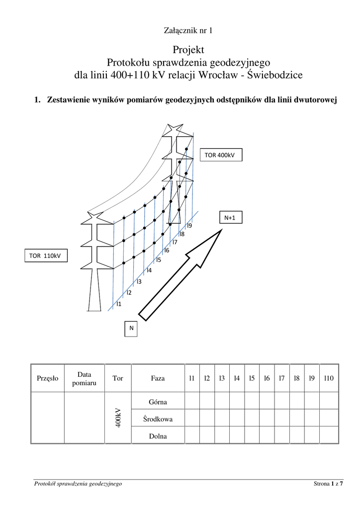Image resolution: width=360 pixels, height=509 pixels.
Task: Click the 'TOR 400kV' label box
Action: click(219, 155)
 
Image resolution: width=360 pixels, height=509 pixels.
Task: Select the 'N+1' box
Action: click(229, 217)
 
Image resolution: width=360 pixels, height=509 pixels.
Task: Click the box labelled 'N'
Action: click(131, 328)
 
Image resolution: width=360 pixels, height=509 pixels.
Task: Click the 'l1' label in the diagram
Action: click(118, 303)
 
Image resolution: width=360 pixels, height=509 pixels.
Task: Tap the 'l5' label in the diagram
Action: click(158, 259)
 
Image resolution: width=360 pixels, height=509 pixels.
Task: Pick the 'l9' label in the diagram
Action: click(189, 226)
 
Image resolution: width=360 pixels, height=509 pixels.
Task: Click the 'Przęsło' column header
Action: click(48, 378)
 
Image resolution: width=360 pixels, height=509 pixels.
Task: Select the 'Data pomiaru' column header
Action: click(84, 378)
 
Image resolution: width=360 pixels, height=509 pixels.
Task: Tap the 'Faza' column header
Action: click(158, 378)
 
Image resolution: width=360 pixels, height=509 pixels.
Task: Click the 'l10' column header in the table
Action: click(328, 378)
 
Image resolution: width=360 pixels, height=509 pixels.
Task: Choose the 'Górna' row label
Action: click(158, 402)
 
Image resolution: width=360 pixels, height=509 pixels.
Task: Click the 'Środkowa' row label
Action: click(158, 419)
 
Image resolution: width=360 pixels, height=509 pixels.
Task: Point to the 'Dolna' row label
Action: click(158, 436)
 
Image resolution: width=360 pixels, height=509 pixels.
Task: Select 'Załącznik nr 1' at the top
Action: click(188, 31)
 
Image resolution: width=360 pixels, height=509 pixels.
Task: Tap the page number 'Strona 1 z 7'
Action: click(328, 484)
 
